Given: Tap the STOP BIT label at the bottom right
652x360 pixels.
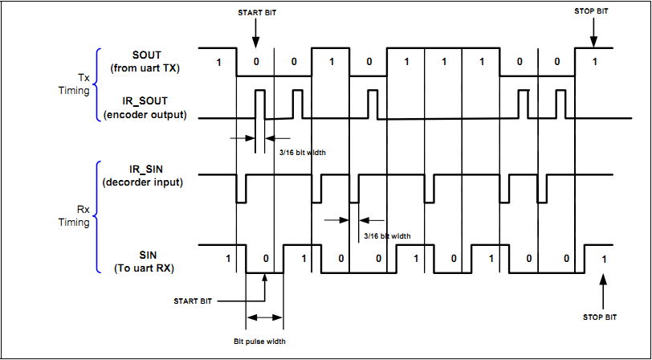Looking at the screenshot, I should pyautogui.click(x=600, y=317).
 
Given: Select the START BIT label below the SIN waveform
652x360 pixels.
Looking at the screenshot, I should pyautogui.click(x=193, y=301).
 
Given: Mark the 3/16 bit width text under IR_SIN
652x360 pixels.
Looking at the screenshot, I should pyautogui.click(x=386, y=236).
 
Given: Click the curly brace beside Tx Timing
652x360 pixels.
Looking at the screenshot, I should pyautogui.click(x=99, y=86).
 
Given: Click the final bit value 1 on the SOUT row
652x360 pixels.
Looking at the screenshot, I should pyautogui.click(x=593, y=63).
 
